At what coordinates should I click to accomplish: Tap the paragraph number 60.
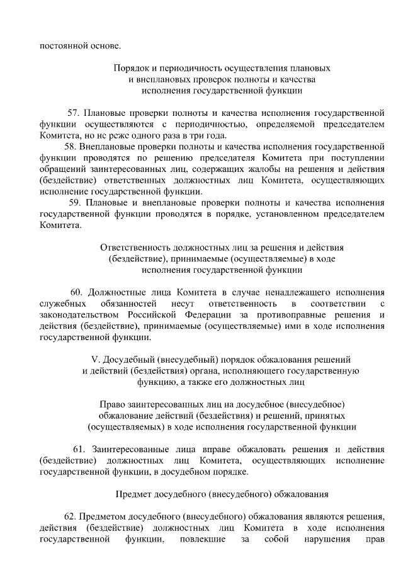76,292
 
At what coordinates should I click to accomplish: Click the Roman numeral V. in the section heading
96,360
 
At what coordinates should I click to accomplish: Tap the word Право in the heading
113,404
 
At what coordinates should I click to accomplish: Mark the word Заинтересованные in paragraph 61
132,449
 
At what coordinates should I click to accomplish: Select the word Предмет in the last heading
135,494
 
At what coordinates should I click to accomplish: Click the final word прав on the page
375,540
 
